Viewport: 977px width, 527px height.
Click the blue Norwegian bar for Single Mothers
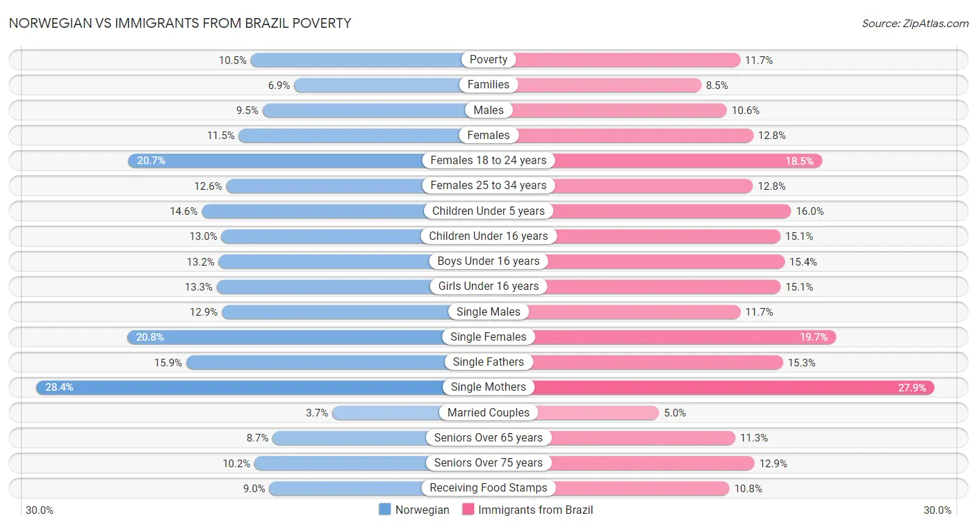(x=243, y=387)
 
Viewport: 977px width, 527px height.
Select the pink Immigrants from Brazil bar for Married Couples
(x=598, y=413)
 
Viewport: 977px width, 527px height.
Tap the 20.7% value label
(x=151, y=161)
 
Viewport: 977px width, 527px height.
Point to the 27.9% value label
(x=912, y=388)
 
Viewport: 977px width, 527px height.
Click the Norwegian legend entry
(x=414, y=510)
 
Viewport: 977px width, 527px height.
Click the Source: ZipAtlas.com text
(x=914, y=24)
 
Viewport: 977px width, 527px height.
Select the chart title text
(x=180, y=23)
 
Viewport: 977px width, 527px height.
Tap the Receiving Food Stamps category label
(x=488, y=488)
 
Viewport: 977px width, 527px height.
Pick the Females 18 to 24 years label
(x=488, y=161)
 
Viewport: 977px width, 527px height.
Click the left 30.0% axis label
(x=40, y=510)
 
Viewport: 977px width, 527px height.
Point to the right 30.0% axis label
(x=937, y=510)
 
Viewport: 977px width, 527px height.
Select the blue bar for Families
(x=379, y=85)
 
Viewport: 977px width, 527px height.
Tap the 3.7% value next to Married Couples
(x=317, y=413)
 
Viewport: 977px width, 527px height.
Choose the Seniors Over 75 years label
(x=488, y=463)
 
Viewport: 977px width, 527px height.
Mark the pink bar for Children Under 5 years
(x=671, y=211)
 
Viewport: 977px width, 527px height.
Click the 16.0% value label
(x=810, y=211)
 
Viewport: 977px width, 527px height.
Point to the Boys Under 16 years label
(x=488, y=261)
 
